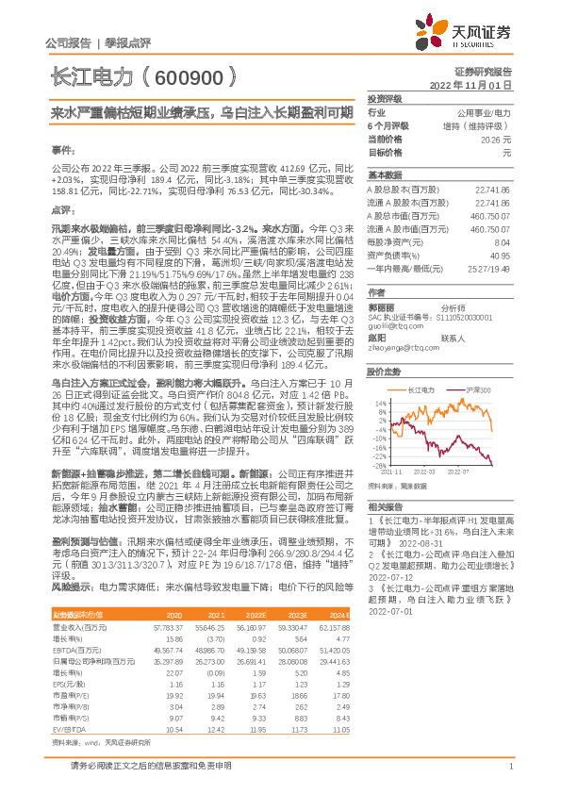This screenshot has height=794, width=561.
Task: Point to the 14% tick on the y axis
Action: pyautogui.click(x=383, y=403)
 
